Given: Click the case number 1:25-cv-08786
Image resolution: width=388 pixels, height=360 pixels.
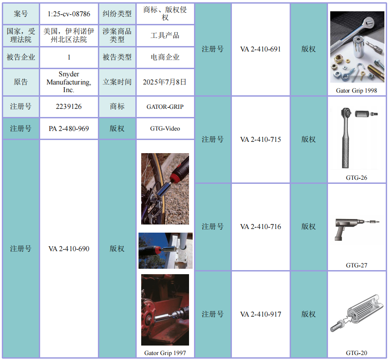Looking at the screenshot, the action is [69, 14].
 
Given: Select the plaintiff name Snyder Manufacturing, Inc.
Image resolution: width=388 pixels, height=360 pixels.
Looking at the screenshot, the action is [69, 82].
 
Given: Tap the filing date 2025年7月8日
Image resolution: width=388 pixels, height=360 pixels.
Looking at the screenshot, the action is [165, 82].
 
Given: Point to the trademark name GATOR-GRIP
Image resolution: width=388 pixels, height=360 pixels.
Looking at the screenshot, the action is [165, 107].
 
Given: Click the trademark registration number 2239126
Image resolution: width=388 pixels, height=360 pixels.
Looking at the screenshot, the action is [69, 107].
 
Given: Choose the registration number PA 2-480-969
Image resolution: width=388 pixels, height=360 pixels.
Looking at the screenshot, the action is [69, 129].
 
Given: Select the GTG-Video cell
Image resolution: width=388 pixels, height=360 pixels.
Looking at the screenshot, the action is [165, 129].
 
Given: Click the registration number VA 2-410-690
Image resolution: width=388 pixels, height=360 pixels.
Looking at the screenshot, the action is [69, 249].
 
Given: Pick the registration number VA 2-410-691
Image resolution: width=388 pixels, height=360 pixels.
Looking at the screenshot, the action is [261, 49].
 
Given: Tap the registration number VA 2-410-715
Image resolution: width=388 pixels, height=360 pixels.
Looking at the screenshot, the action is [261, 140].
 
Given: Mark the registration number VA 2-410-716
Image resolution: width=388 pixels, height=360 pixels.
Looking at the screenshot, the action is [261, 227].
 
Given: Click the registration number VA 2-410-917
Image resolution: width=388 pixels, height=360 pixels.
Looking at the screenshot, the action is [261, 314].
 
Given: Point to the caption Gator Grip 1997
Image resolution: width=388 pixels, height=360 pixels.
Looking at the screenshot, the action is [165, 353].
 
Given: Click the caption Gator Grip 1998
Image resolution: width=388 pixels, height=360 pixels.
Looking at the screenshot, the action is [356, 91].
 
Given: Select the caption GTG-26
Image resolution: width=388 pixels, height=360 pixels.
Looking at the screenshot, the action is [356, 178].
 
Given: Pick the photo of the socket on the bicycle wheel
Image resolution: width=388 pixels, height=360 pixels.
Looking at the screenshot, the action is [165, 189].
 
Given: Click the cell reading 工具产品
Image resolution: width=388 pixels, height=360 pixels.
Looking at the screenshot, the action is [165, 35].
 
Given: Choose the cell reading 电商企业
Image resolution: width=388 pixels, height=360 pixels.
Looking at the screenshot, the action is [165, 57].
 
